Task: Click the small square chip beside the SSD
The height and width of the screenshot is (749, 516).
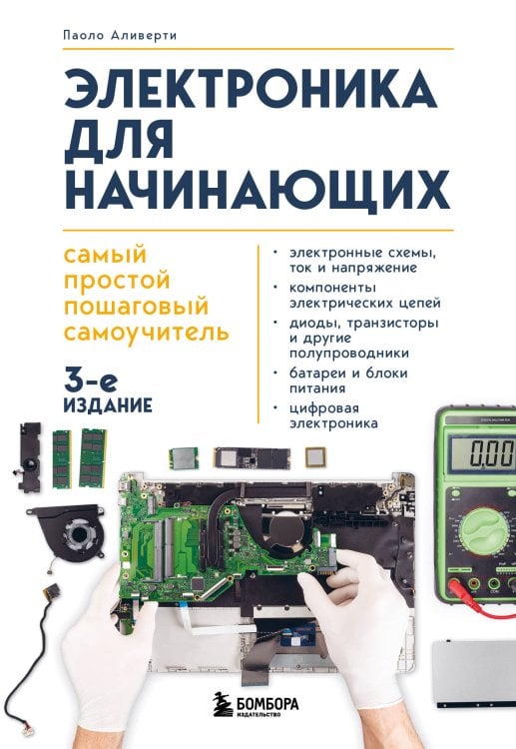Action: (316, 456)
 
